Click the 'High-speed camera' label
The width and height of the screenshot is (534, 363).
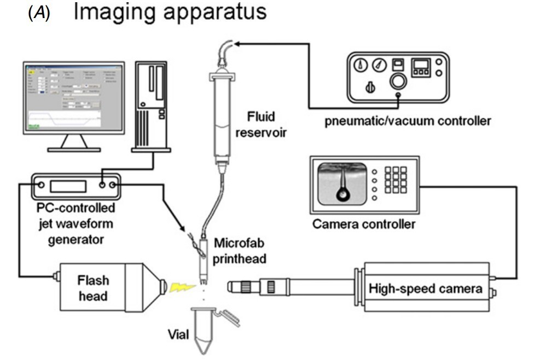click(x=426, y=288)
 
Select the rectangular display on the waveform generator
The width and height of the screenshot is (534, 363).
click(x=68, y=186)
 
